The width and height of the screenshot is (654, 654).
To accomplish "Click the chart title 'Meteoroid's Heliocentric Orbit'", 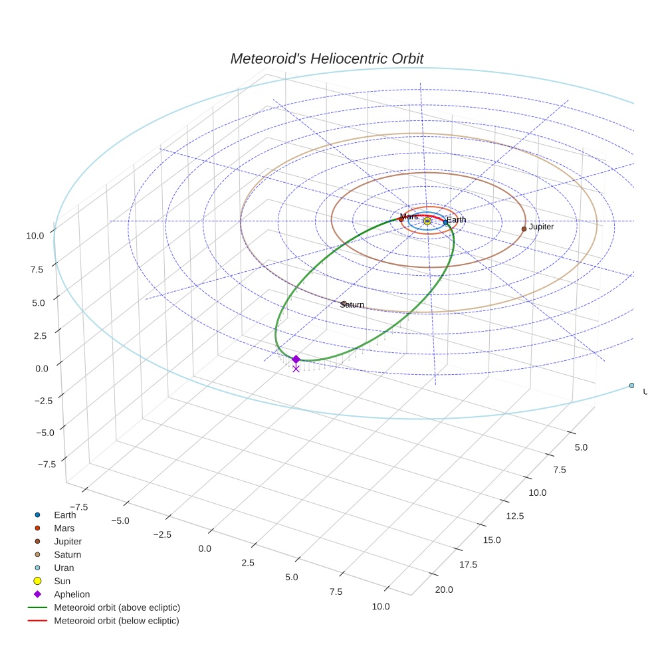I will [326, 58].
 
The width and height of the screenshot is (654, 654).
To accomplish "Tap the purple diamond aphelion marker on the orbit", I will [296, 359].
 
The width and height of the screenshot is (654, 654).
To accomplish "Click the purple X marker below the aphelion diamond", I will [296, 368].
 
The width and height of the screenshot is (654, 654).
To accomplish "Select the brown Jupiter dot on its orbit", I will [524, 229].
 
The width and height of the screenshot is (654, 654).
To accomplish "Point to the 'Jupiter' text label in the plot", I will [541, 227].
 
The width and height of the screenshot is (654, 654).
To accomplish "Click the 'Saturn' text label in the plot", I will [352, 304].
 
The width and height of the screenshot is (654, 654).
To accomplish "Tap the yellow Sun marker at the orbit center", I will [427, 221].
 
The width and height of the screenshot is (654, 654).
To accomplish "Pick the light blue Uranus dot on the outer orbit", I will [631, 385].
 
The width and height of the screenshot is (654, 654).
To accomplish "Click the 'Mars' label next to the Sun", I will [410, 217].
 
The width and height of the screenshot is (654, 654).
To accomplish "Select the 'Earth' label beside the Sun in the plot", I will [457, 220].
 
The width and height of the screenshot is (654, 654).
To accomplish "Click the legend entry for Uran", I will [64, 568].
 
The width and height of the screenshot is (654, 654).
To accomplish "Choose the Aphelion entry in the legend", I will [72, 594].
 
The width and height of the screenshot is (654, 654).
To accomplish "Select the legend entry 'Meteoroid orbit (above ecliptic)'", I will [117, 607].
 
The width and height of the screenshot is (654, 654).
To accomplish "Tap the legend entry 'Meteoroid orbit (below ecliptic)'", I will [116, 621].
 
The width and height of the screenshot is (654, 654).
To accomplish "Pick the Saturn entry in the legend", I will [67, 554].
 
